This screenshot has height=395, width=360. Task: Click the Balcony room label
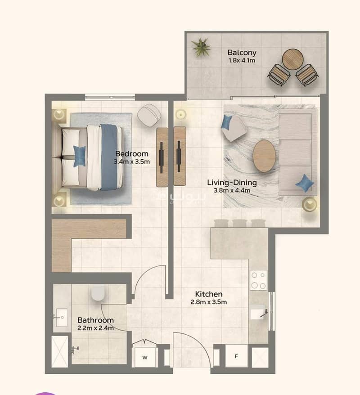[242, 52]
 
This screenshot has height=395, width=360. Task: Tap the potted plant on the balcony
[201, 47]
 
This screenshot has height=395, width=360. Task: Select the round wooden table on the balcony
[292, 59]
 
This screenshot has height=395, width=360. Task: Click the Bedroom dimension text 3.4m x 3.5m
[132, 162]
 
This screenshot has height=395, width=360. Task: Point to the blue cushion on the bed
[79, 156]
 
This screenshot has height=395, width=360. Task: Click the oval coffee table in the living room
[264, 156]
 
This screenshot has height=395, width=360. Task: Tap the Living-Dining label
[232, 183]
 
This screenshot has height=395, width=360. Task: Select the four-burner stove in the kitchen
[258, 280]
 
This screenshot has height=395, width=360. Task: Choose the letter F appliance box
[236, 356]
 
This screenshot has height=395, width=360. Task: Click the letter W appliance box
[144, 357]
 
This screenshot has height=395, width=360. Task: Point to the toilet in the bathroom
[98, 293]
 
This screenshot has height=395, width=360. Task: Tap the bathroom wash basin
[62, 318]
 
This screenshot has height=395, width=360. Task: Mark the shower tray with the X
[60, 352]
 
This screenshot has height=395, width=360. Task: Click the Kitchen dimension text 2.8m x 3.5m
[209, 302]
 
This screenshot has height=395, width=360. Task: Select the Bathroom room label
[95, 320]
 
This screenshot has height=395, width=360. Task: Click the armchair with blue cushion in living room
[234, 128]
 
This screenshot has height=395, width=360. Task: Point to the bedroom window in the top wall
[110, 97]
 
